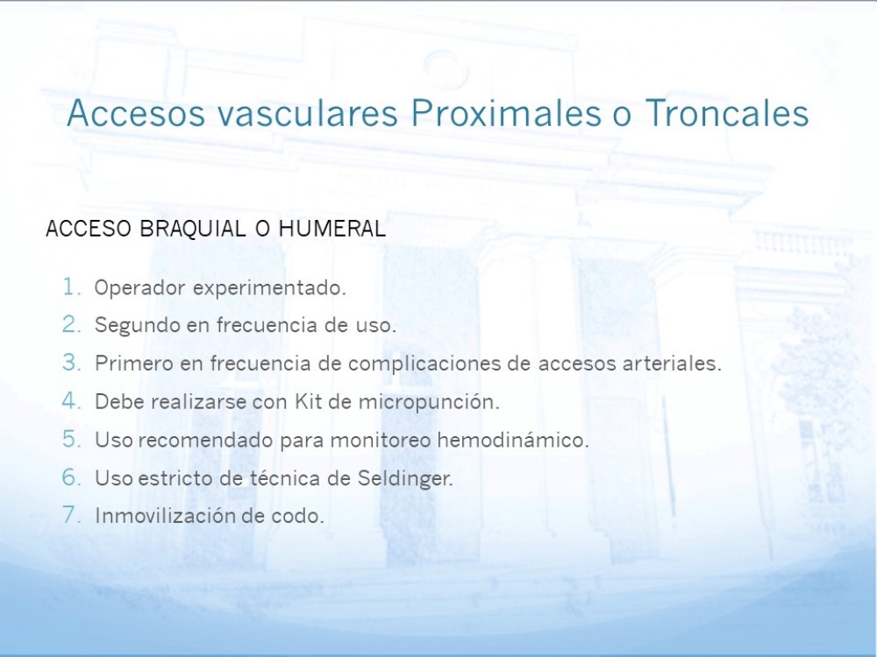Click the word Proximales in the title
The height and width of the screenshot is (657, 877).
point(506,113)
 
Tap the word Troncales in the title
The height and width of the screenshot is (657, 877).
point(727,113)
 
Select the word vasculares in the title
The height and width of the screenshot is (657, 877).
point(308,113)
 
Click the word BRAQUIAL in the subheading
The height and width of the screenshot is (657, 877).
point(192,229)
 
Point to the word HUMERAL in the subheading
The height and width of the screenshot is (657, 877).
point(332,229)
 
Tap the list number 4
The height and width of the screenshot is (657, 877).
point(71,400)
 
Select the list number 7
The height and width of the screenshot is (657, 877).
point(71,514)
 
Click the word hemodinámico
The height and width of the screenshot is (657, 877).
point(513,440)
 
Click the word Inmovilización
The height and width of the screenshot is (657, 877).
point(166,516)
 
